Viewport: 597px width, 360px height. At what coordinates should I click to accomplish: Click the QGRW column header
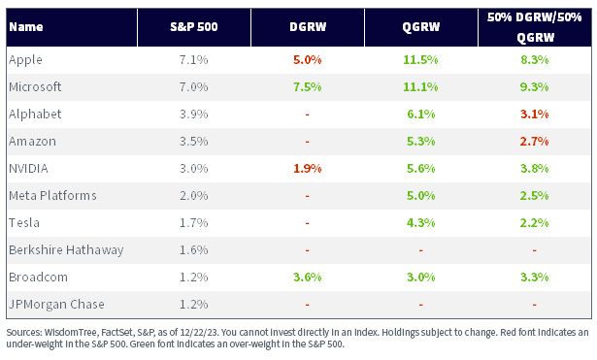pos(420,27)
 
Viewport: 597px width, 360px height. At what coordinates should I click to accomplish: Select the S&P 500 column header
pos(194,26)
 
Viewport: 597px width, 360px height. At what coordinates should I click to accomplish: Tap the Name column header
pos(26,26)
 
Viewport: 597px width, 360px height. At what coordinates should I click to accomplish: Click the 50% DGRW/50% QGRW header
pos(535,27)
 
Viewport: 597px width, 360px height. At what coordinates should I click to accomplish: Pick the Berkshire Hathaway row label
pos(66,249)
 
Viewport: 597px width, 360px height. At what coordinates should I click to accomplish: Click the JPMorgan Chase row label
pos(56,304)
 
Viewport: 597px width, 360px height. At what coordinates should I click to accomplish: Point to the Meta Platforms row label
pos(52,195)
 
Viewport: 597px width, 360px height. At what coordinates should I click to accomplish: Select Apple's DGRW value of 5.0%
pos(308,60)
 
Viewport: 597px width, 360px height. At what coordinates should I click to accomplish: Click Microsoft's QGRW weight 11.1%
pos(420,86)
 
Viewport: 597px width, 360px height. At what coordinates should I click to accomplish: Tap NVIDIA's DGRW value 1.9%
pos(308,168)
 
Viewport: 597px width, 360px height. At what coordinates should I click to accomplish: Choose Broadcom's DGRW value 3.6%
pos(308,278)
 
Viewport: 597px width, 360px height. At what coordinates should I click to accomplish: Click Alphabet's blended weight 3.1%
pos(535,115)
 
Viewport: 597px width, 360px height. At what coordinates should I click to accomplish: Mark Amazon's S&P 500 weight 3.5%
pos(194,141)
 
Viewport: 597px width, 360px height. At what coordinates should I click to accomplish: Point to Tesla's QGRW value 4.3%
pos(420,222)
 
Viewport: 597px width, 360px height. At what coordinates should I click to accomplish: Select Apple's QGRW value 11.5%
pos(420,60)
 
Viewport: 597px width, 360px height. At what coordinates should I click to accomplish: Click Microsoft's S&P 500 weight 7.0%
pos(194,86)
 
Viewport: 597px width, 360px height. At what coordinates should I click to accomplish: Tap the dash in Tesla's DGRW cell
pos(308,223)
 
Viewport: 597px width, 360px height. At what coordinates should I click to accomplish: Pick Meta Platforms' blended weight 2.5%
pos(535,196)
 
